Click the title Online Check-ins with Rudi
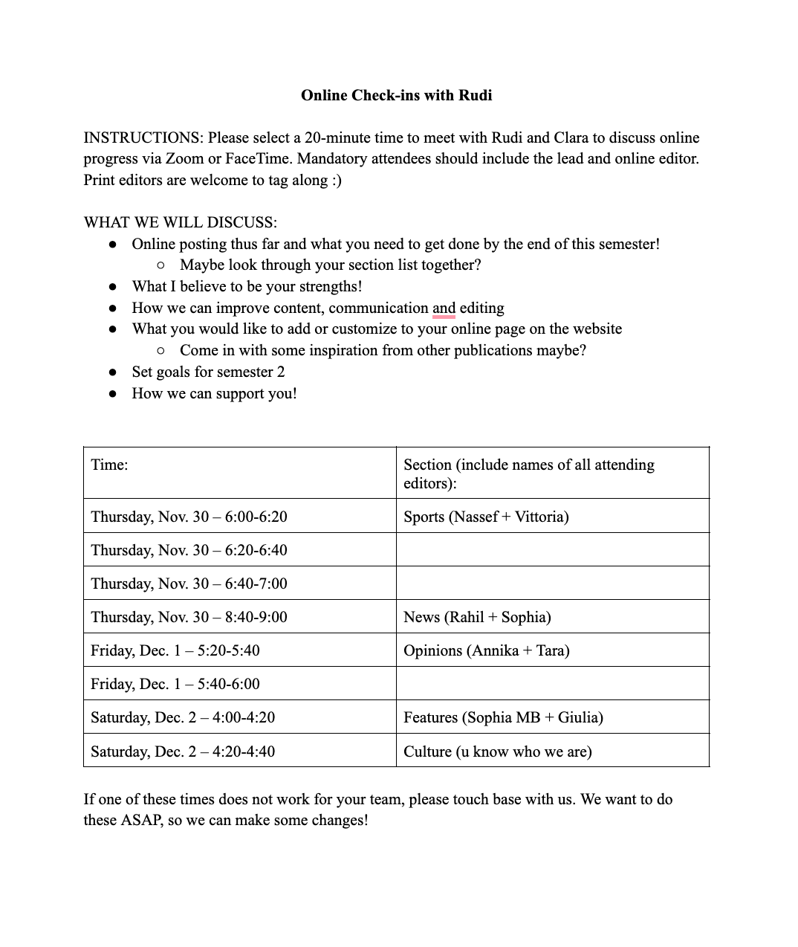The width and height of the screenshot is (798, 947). point(396,95)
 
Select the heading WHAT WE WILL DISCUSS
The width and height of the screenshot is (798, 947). point(180,222)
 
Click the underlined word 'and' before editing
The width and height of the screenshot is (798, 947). point(444,308)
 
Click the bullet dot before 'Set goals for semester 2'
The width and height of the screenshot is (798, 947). point(113,372)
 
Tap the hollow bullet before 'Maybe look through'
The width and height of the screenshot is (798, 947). point(160,265)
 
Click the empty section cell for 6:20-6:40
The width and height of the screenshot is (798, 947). point(552,550)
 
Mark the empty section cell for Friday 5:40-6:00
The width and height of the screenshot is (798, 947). point(552,684)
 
